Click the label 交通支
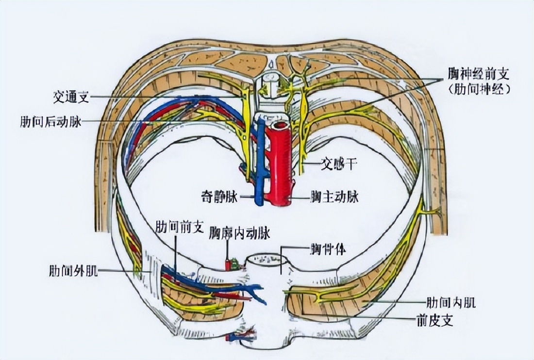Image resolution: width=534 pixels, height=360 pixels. tap(71, 97)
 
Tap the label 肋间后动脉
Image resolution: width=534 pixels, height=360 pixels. tap(51, 121)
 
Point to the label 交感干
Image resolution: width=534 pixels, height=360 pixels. tap(339, 165)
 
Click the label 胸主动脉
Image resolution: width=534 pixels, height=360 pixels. tap(335, 197)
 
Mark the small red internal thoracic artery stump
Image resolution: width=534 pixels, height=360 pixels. tap(227, 264)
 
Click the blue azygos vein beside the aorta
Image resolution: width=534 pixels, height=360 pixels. tap(261, 165)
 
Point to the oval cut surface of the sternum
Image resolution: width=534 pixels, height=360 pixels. tap(265, 260)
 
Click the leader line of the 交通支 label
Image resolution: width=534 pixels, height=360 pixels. tap(165, 97)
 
